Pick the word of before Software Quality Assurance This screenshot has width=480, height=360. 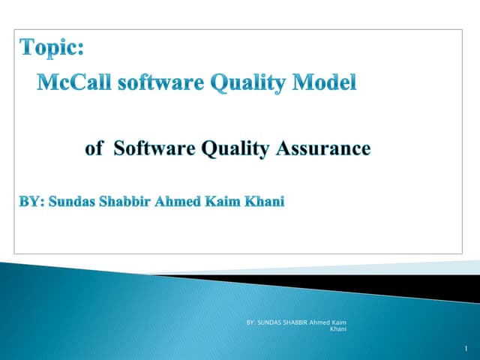(94, 148)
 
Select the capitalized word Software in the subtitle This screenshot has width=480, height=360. (153, 148)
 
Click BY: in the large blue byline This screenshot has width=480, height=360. (31, 202)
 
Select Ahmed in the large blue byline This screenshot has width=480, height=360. (178, 202)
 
